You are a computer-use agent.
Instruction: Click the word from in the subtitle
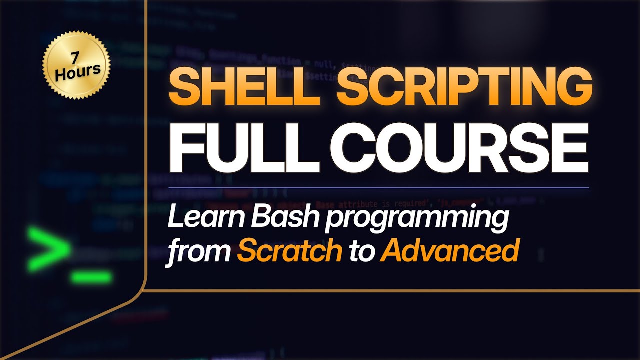pos(198,251)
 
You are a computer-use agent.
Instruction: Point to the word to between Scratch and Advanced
pos(361,251)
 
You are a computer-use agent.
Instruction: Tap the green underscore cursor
pos(91,276)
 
